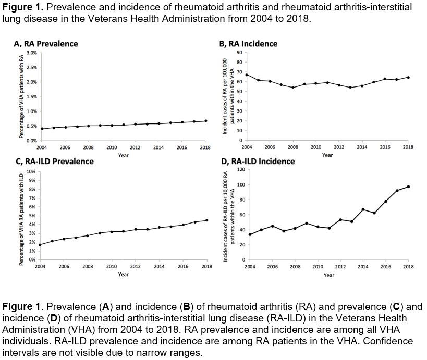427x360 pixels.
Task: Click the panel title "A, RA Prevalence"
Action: (45, 44)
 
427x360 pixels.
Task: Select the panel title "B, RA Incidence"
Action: (248, 44)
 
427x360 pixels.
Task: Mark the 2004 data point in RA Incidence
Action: (246, 75)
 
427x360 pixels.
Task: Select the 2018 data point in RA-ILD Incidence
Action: (408, 187)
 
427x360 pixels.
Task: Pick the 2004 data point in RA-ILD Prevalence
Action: (40, 245)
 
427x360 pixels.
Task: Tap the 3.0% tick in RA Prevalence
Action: (31, 53)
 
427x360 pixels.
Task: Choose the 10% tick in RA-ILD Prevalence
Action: (31, 171)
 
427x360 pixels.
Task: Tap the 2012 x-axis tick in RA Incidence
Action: (339, 147)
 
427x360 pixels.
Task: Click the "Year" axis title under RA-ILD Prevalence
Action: (123, 274)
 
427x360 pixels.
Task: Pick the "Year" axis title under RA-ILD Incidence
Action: (328, 275)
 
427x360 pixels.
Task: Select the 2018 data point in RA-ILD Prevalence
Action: (206, 220)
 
